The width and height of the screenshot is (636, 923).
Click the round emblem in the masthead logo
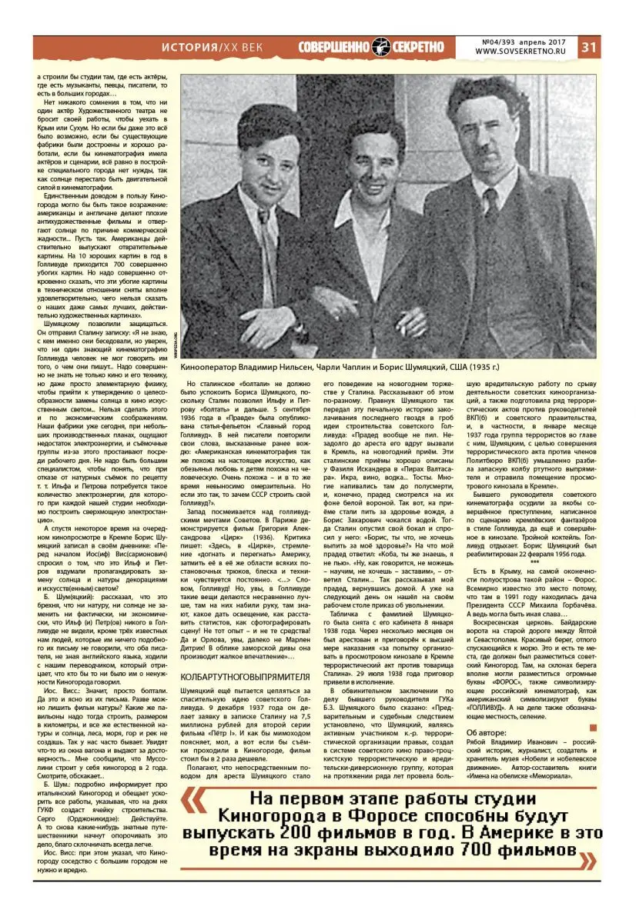click(x=381, y=46)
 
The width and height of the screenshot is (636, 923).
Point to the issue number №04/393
click(x=500, y=41)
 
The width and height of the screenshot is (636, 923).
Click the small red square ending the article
click(x=592, y=727)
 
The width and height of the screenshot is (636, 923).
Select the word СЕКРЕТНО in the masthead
click(x=418, y=47)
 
